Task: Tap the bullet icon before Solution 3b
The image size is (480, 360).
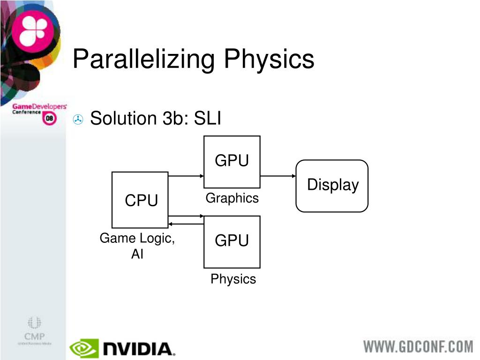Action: pyautogui.click(x=78, y=120)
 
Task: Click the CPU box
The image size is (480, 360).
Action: pyautogui.click(x=140, y=200)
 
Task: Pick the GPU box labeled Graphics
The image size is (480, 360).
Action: pyautogui.click(x=232, y=162)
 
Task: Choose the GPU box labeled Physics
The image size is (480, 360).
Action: pyautogui.click(x=232, y=241)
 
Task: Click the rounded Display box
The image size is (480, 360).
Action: pyautogui.click(x=332, y=186)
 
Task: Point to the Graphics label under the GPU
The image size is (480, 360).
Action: pyautogui.click(x=232, y=198)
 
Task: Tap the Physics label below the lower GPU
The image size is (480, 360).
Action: pyautogui.click(x=233, y=279)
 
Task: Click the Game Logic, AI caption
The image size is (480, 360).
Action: pyautogui.click(x=137, y=246)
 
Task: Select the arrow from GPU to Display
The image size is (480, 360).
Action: pyautogui.click(x=277, y=176)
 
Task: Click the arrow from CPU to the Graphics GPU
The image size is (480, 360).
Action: pyautogui.click(x=186, y=176)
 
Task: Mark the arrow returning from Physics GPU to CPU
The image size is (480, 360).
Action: pyautogui.click(x=186, y=224)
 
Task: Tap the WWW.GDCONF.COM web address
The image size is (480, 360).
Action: pyautogui.click(x=419, y=347)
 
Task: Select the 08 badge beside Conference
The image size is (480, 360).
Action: pyautogui.click(x=50, y=119)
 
